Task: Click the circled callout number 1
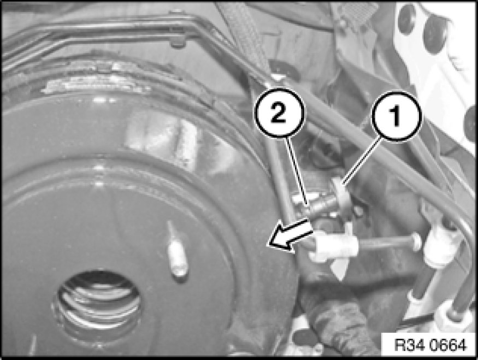tap(396, 116)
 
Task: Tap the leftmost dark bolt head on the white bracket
tap(408, 17)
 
